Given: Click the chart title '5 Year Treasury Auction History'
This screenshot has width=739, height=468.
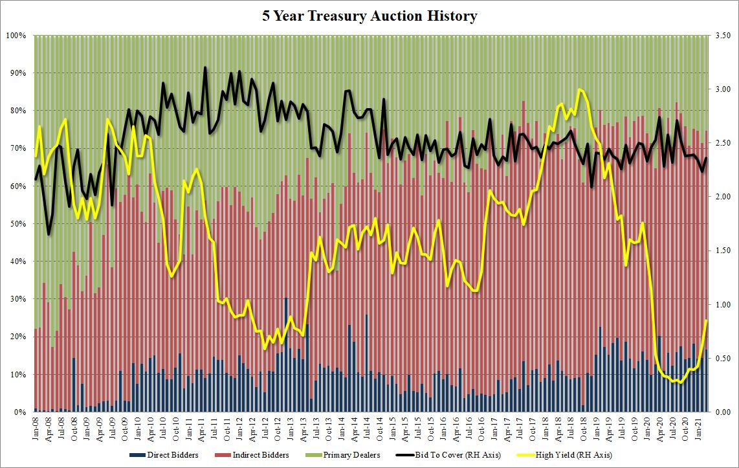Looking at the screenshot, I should pos(369,16).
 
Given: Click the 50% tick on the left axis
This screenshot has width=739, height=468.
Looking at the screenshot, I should pos(17,224).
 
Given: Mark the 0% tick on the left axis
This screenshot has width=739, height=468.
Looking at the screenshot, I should pos(19,412).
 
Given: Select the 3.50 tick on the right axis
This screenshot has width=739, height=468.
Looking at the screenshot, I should pos(722,35).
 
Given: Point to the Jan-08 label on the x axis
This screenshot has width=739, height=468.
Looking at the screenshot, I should pos(36,427).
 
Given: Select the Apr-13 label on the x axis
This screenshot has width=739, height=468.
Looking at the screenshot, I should pos(303,427).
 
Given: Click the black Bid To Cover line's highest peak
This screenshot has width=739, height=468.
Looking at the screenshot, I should pos(205,67).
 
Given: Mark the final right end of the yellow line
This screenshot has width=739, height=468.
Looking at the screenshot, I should pos(706,320).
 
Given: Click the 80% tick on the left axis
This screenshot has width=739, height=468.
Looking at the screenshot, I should pos(17,111).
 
